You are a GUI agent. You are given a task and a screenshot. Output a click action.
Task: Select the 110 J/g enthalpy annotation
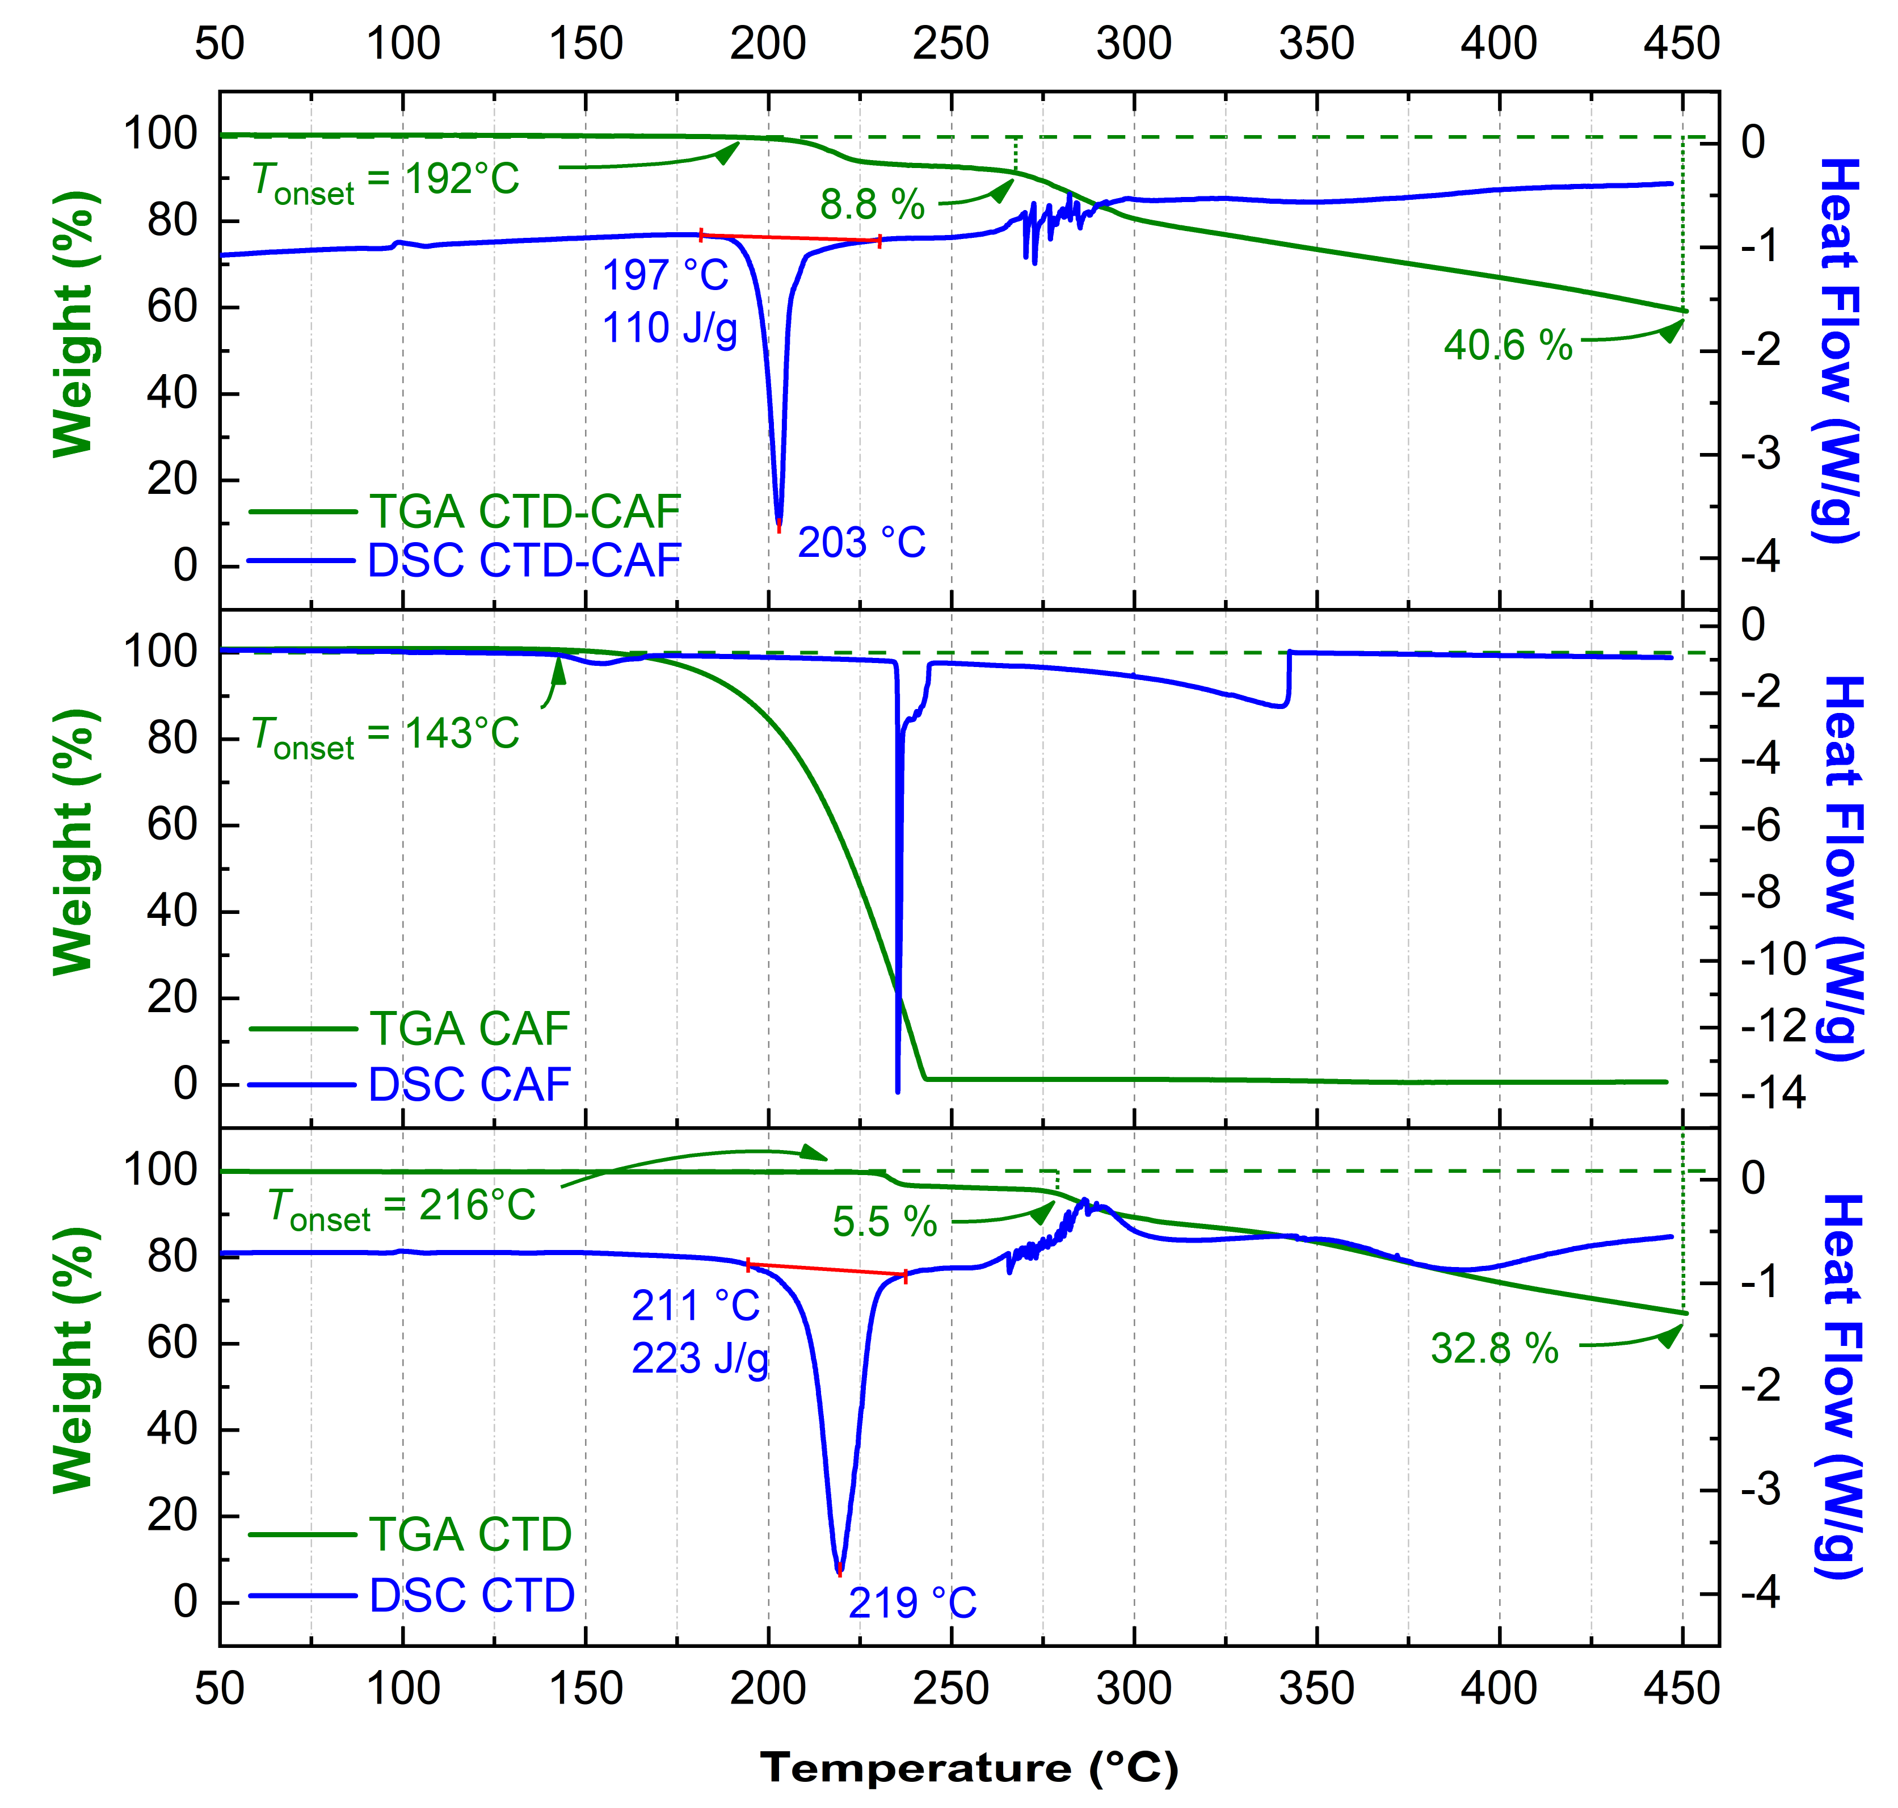pos(670,329)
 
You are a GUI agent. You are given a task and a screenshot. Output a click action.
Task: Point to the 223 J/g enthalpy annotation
pos(700,1359)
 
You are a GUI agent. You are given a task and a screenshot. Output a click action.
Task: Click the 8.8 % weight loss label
pos(872,204)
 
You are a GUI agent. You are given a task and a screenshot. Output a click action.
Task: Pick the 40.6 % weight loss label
pos(1508,345)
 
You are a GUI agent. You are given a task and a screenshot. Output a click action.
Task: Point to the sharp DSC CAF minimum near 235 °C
pos(898,1091)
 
